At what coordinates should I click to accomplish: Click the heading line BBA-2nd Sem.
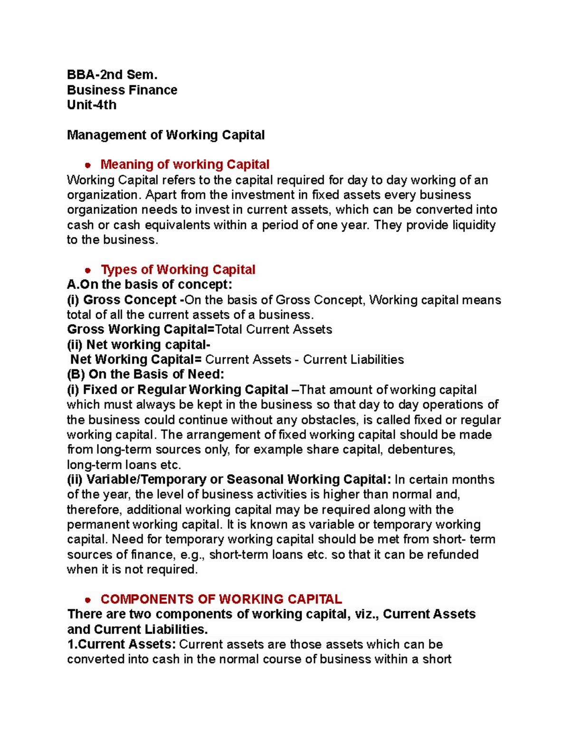coord(112,75)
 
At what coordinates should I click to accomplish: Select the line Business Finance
coord(122,90)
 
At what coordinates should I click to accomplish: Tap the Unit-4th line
coord(92,105)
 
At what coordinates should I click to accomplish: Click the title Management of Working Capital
coord(166,135)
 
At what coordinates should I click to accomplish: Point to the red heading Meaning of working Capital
coord(185,165)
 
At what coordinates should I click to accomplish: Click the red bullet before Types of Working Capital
coord(87,271)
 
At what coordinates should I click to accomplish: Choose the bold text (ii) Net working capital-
coord(139,345)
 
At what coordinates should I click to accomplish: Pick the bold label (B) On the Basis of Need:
coord(145,374)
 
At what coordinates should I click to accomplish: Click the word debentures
coord(421,449)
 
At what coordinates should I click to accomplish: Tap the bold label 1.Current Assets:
coord(122,644)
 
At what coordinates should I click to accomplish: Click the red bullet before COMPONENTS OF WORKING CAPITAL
coord(87,600)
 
